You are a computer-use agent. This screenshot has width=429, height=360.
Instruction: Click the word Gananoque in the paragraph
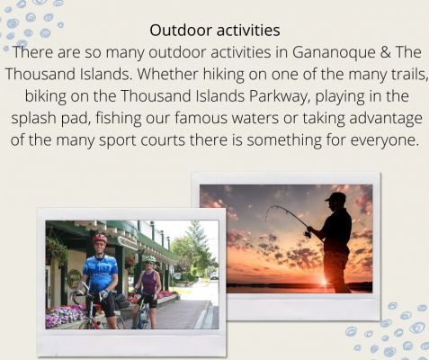(x=334, y=52)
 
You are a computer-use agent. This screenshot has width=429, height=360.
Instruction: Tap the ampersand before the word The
(x=386, y=52)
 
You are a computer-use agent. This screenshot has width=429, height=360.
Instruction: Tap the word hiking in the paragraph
(x=223, y=74)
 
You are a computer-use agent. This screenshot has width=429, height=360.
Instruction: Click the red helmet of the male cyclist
(x=100, y=238)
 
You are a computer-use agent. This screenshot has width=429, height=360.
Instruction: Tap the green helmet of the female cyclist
(x=150, y=259)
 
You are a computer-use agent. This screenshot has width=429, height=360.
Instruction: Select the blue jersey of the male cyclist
(x=101, y=272)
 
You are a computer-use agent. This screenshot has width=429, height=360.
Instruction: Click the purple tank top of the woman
(x=149, y=282)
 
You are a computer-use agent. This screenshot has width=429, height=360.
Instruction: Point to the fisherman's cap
(x=336, y=197)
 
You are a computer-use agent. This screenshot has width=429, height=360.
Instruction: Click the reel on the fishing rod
(x=308, y=233)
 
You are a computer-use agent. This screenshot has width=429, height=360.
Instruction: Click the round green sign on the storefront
(x=74, y=278)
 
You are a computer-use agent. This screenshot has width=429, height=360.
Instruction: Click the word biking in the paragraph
(x=46, y=96)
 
